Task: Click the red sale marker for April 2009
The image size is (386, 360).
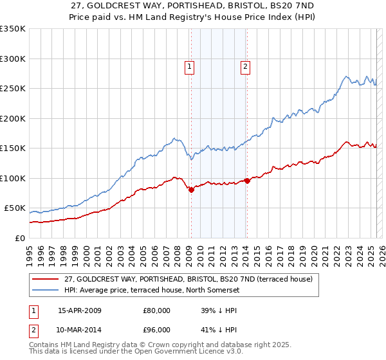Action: click(191, 190)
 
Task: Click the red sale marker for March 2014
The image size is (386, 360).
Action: click(247, 181)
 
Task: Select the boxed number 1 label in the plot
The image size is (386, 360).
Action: click(190, 65)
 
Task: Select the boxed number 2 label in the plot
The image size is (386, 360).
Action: click(246, 65)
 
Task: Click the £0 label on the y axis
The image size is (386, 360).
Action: click(19, 238)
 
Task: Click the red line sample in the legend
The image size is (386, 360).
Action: click(46, 279)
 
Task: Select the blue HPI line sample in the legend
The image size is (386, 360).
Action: click(46, 290)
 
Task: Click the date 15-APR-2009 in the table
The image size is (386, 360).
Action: click(79, 310)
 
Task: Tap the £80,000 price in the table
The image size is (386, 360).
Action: click(157, 310)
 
